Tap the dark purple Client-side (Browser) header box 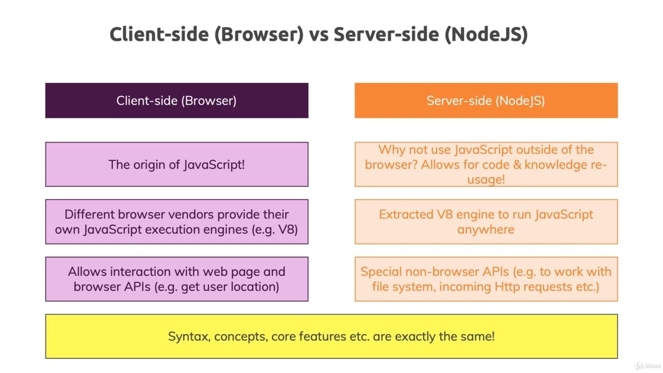pyautogui.click(x=177, y=101)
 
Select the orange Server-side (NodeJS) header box pyautogui.click(x=486, y=101)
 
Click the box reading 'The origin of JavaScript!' pyautogui.click(x=177, y=164)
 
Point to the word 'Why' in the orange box pyautogui.click(x=392, y=150)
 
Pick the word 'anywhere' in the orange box pyautogui.click(x=486, y=229)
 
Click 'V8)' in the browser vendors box pyautogui.click(x=289, y=229)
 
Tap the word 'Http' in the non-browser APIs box pyautogui.click(x=507, y=287)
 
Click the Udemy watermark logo pyautogui.click(x=647, y=366)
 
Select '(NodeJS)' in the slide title pyautogui.click(x=486, y=35)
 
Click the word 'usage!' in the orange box pyautogui.click(x=486, y=180)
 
